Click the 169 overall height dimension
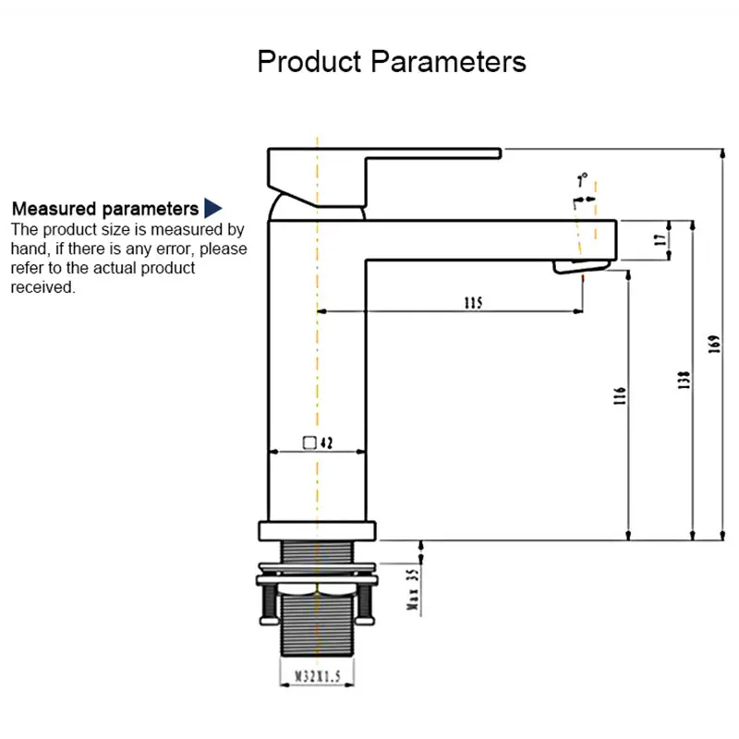click(x=713, y=344)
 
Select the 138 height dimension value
click(x=684, y=379)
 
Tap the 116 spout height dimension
click(x=621, y=395)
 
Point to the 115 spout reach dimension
click(x=473, y=302)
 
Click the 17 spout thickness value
click(x=660, y=239)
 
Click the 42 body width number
click(x=326, y=442)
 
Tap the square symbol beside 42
click(x=310, y=442)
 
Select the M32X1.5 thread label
click(x=318, y=677)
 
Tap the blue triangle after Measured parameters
click(x=213, y=208)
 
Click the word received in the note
click(x=42, y=287)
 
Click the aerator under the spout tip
click(x=580, y=266)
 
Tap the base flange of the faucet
click(x=318, y=530)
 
